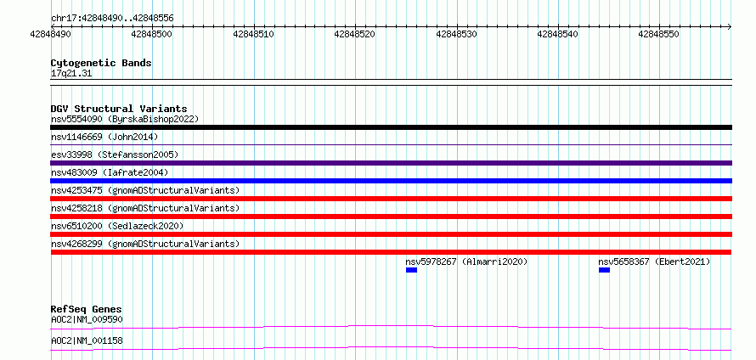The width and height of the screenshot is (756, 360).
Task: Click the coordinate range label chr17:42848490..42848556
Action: (112, 19)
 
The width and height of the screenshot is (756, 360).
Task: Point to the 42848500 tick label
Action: (151, 34)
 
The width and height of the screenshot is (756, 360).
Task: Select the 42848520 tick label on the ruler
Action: (354, 34)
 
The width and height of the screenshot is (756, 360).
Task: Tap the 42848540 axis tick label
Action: (557, 34)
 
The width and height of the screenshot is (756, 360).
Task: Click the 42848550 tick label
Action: (658, 34)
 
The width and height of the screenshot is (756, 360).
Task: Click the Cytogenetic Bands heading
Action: (101, 63)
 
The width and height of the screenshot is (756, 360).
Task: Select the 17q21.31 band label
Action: (71, 74)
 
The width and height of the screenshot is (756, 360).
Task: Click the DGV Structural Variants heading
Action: (119, 109)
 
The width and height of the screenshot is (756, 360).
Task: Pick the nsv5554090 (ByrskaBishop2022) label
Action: (125, 119)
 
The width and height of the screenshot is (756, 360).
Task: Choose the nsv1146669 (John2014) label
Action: (104, 137)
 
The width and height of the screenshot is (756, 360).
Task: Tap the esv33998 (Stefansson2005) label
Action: (115, 155)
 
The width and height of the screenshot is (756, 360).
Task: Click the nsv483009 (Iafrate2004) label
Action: (110, 172)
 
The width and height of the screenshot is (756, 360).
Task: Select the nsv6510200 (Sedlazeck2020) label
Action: (117, 226)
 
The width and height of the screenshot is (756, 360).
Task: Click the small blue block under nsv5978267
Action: (411, 270)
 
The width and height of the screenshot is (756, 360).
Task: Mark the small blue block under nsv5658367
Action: (604, 270)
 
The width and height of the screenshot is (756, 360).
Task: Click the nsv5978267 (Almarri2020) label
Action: (466, 262)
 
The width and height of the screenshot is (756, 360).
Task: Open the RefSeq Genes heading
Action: (87, 309)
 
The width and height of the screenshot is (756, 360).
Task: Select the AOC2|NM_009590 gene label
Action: (87, 319)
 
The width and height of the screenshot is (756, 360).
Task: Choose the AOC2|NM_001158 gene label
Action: (87, 340)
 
